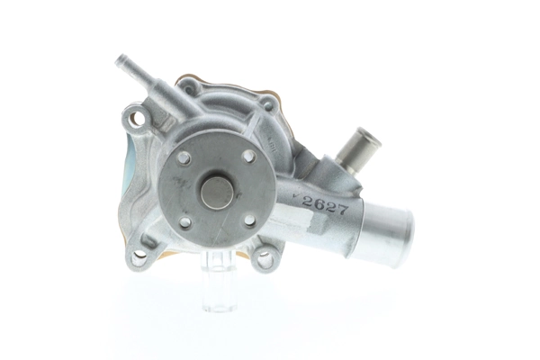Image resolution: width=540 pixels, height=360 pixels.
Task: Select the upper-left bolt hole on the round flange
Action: point(184,157)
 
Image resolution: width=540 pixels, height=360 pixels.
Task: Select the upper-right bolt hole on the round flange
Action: point(247,156)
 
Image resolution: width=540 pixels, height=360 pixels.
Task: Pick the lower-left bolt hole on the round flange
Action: point(185,221)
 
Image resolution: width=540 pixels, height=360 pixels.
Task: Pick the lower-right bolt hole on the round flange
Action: point(249,219)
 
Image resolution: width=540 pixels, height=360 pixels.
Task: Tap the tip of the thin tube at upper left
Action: point(121,62)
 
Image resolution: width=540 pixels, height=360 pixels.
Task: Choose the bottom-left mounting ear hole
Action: point(139,256)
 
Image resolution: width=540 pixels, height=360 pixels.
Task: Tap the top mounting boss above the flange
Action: point(189,88)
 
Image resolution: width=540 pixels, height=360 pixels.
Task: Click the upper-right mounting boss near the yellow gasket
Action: point(266,104)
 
